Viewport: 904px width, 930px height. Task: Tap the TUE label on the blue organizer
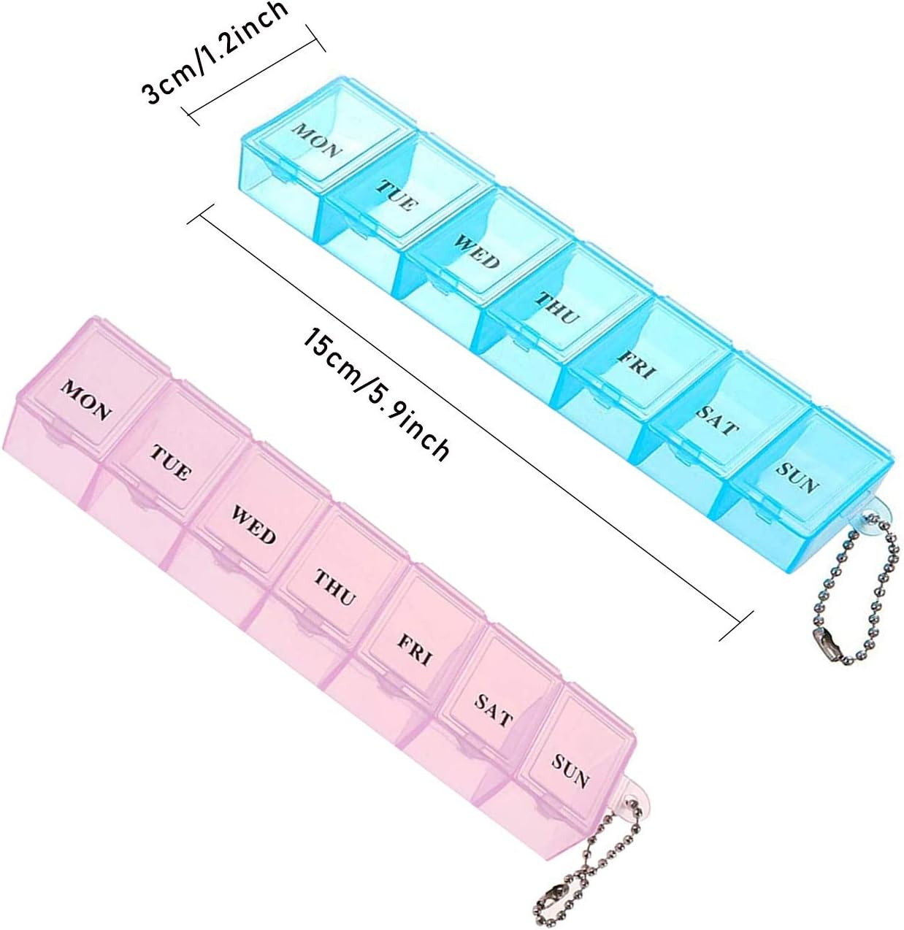click(x=397, y=195)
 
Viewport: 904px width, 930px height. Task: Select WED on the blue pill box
click(x=477, y=251)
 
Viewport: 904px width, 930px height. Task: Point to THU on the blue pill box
click(x=557, y=307)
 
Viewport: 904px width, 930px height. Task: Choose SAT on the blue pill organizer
click(x=717, y=420)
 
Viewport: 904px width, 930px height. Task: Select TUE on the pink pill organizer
click(x=169, y=461)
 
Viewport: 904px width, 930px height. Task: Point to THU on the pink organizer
click(x=335, y=588)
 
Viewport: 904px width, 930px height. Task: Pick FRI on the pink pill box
click(x=415, y=649)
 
